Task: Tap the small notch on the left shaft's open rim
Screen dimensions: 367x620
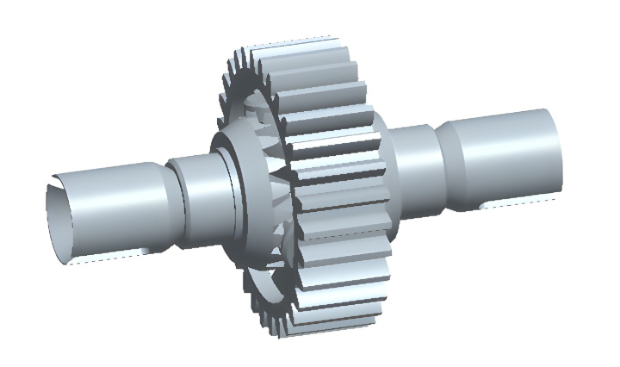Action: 54,183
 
